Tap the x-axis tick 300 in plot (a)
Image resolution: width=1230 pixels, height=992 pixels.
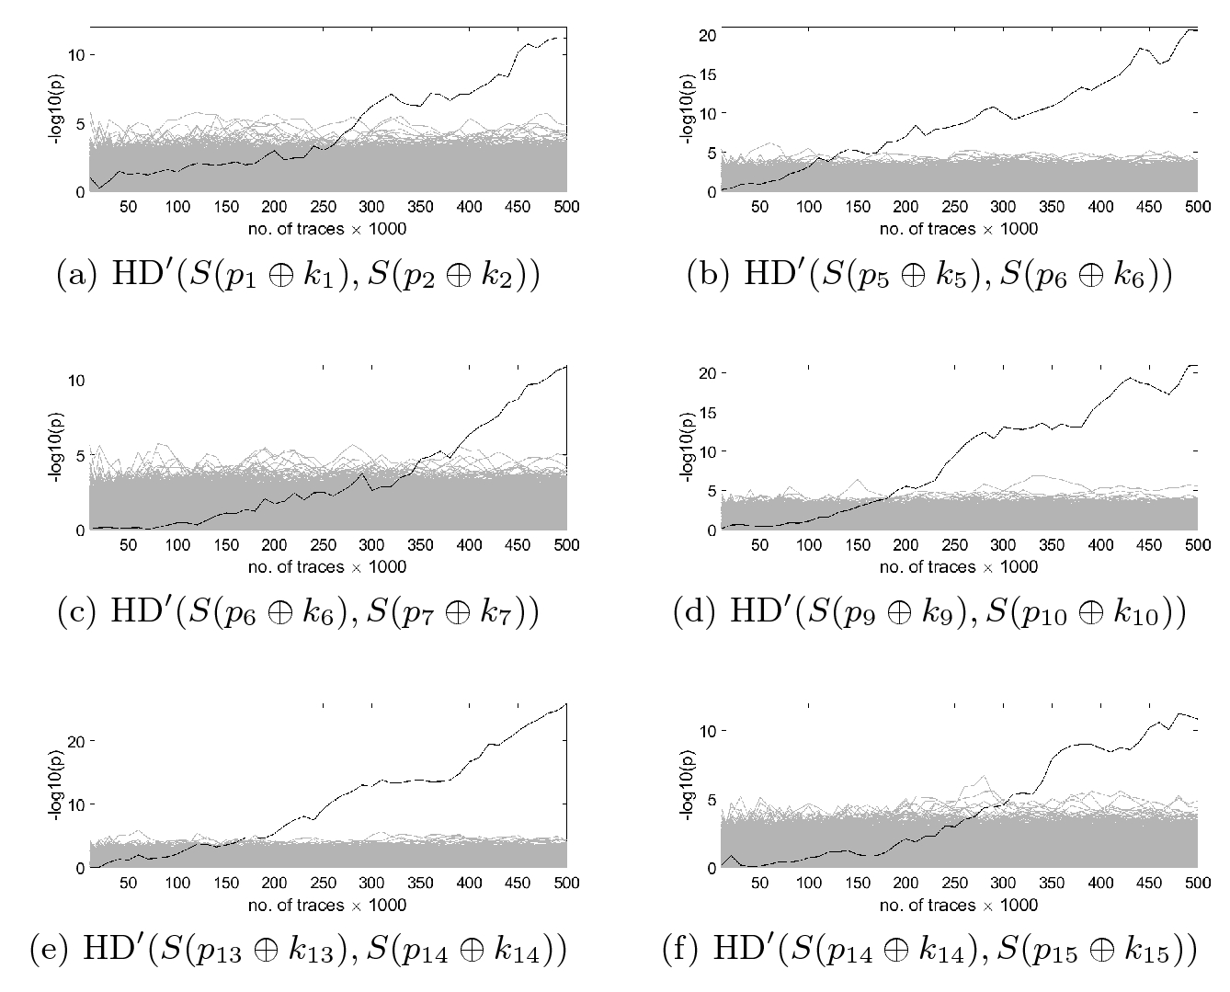[x=371, y=207]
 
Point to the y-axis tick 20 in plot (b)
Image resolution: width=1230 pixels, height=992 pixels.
[x=706, y=35]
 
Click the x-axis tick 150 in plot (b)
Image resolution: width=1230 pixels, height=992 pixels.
[x=858, y=207]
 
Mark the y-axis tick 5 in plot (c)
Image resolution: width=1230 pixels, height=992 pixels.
[x=79, y=455]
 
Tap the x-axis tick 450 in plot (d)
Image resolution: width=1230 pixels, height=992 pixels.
[x=1148, y=545]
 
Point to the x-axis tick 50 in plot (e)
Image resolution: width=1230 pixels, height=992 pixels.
[x=129, y=884]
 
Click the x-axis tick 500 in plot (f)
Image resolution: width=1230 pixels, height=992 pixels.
[x=1197, y=884]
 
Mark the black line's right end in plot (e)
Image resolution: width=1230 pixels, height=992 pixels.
[x=566, y=704]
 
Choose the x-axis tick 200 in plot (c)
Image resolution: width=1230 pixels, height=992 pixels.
[x=274, y=545]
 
